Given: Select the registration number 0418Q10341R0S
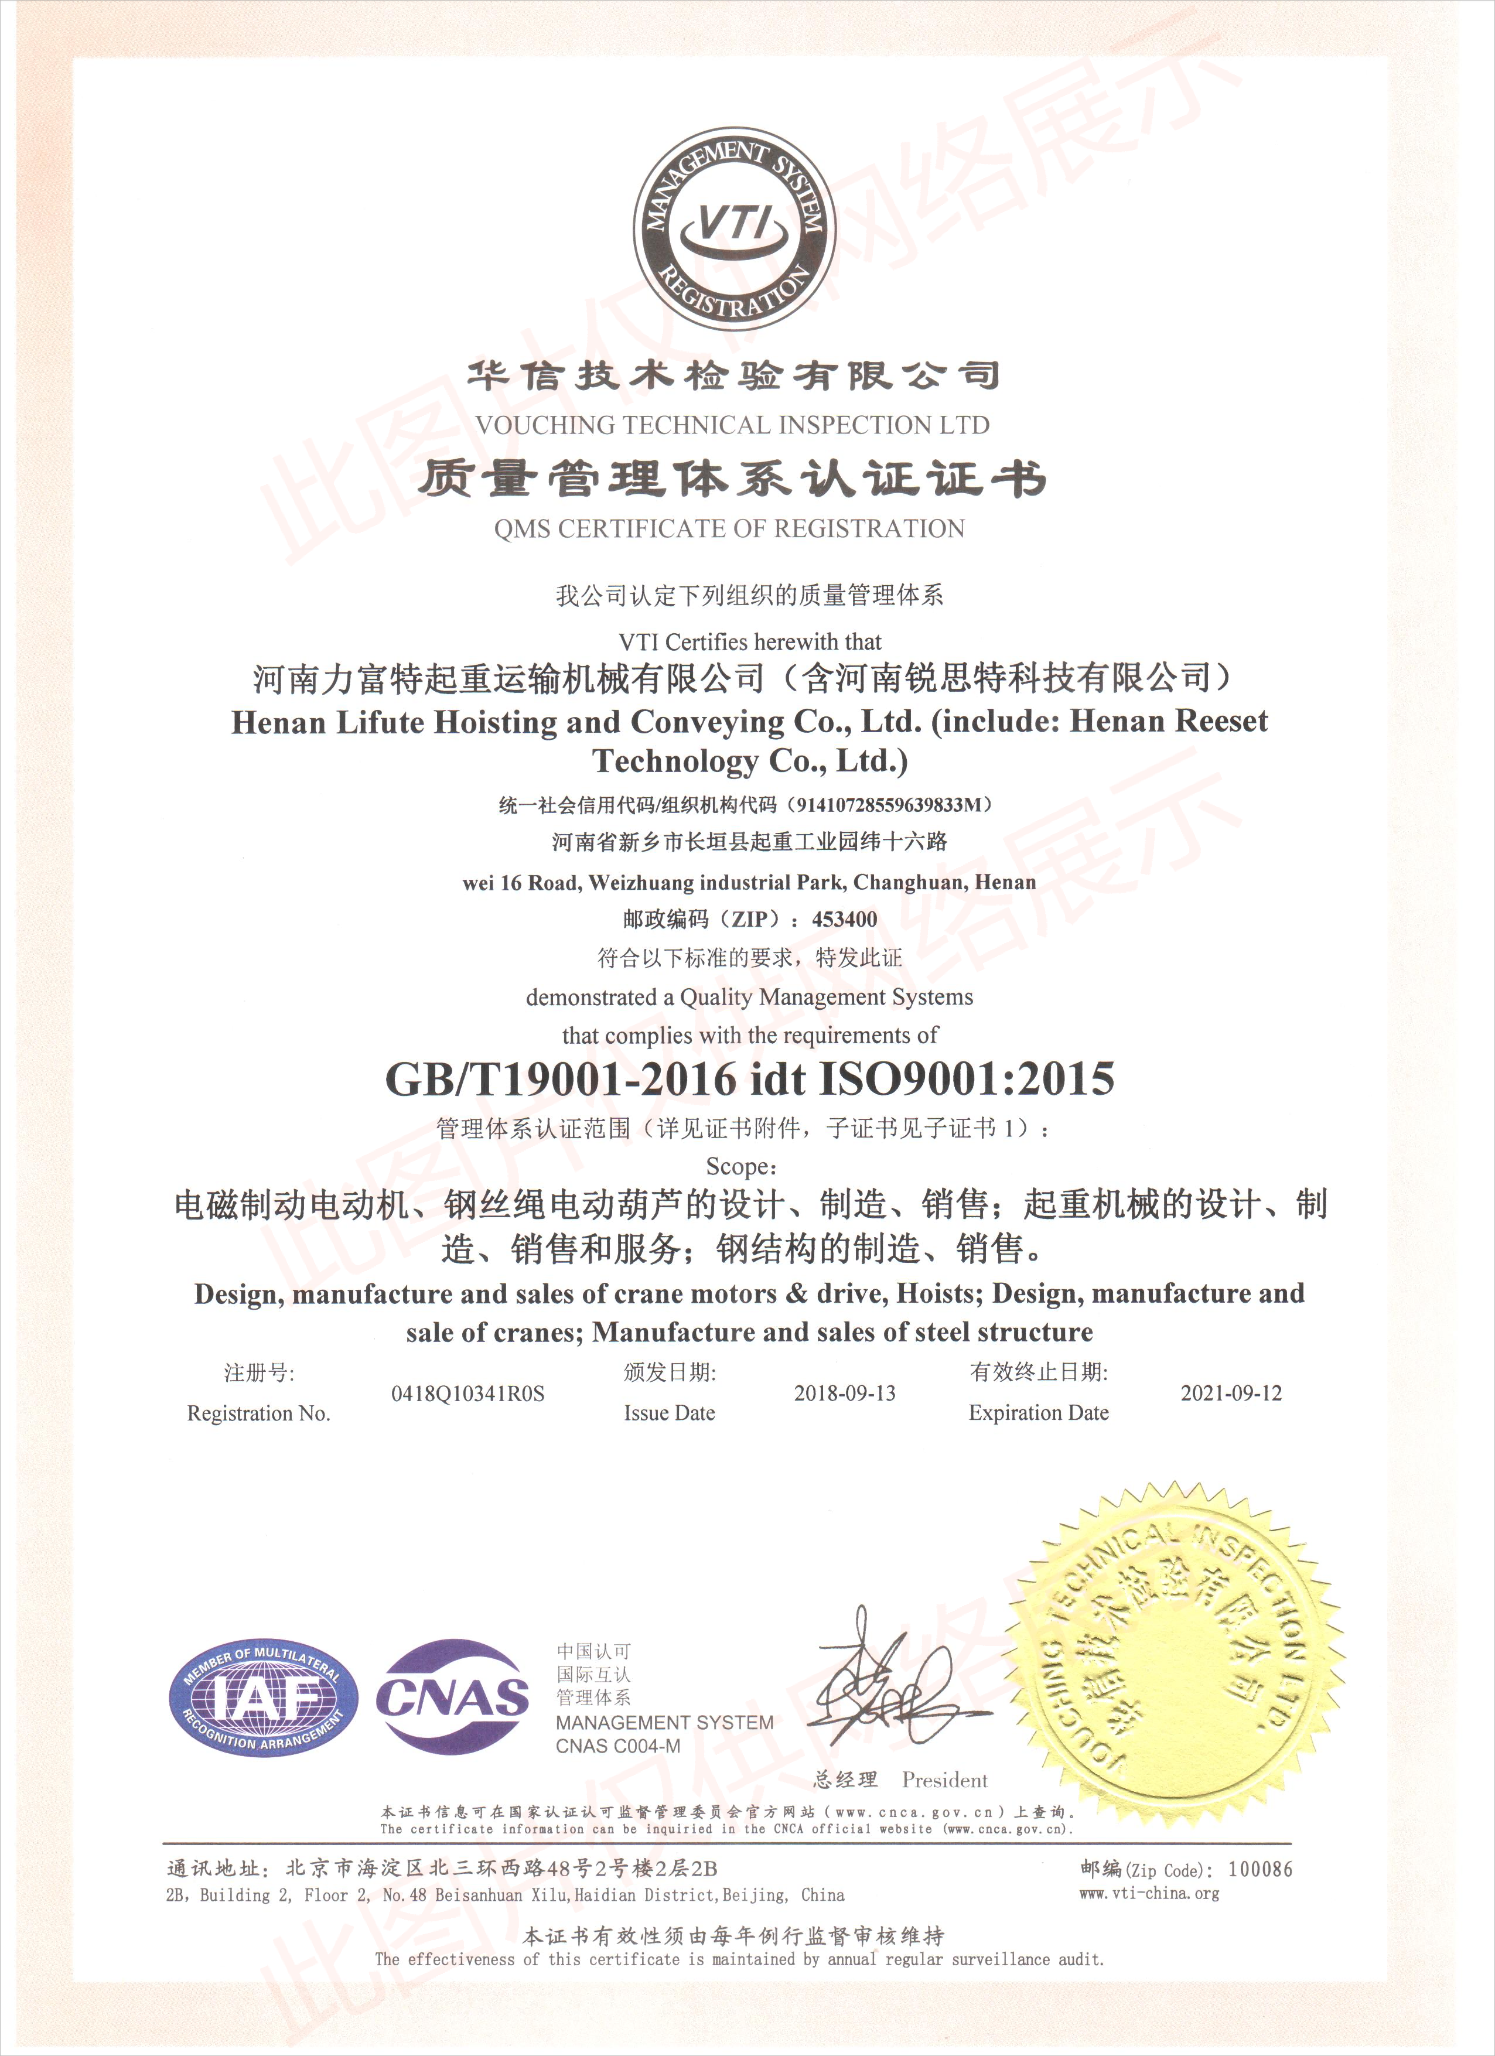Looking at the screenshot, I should [468, 1394].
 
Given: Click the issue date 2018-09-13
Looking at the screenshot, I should [844, 1394].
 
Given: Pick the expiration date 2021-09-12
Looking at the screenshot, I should [1231, 1394].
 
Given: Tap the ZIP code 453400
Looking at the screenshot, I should [844, 919].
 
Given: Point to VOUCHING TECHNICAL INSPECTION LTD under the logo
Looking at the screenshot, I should [732, 424].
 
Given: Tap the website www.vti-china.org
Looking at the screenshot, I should [1149, 1893].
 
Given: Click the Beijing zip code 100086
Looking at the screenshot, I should [1260, 1869].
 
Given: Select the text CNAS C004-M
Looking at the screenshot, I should [617, 1746].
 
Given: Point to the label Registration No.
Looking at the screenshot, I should [258, 1413].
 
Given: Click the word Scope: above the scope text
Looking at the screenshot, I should [740, 1167].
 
